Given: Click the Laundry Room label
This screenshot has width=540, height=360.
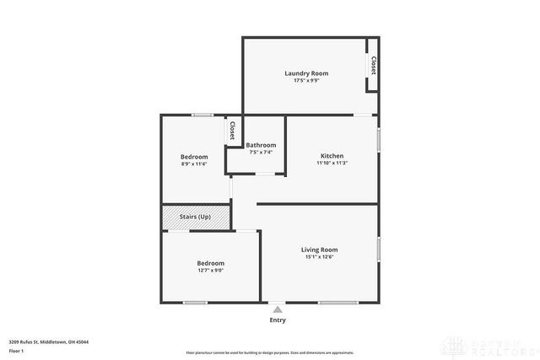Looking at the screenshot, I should click(x=305, y=73).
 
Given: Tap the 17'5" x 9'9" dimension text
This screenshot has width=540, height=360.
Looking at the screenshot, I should click(x=305, y=81).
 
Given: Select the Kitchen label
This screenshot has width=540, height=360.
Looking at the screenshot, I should click(x=332, y=156).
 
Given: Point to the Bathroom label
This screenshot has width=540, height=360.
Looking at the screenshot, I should click(x=261, y=145).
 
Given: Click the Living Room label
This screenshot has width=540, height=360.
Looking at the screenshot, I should click(x=320, y=250).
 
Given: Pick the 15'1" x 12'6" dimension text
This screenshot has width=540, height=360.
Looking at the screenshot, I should click(x=320, y=257).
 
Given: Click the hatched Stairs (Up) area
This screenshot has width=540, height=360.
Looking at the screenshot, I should click(x=195, y=217).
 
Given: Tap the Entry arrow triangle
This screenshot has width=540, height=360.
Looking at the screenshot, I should click(x=278, y=309).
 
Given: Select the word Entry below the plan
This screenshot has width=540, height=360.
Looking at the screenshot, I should click(x=278, y=320).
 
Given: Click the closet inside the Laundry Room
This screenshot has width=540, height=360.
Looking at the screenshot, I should click(x=371, y=65).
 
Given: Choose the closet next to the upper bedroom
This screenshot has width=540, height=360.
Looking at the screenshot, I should click(x=230, y=131).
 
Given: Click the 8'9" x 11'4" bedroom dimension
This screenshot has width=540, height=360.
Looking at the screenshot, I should click(x=193, y=164).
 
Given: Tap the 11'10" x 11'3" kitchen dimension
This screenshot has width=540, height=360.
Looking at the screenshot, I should click(x=332, y=164).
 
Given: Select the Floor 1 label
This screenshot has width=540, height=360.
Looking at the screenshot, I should click(x=16, y=350).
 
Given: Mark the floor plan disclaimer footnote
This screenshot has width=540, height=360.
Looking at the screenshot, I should click(x=270, y=352).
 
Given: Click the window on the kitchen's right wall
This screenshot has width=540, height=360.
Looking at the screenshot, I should click(x=378, y=139).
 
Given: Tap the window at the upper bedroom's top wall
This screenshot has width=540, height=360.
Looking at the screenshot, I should click(x=201, y=115).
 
